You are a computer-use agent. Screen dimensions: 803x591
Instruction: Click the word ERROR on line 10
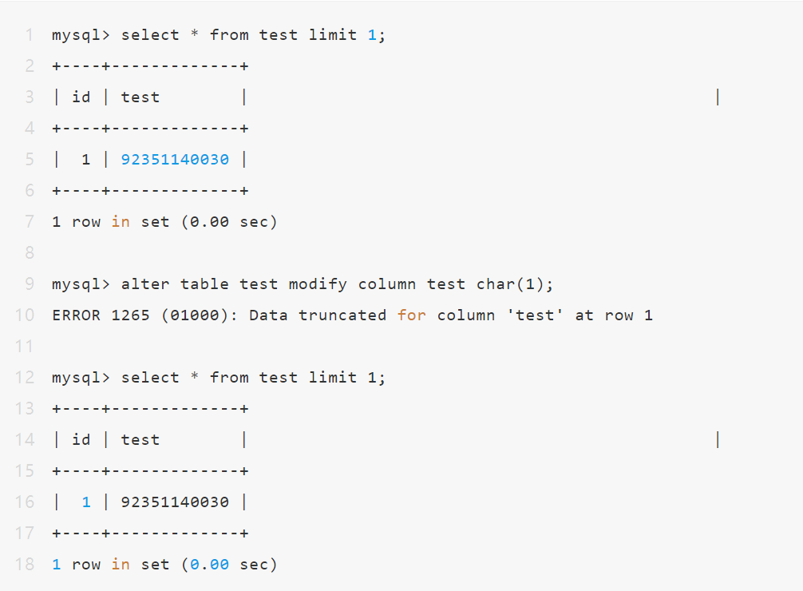[77, 315]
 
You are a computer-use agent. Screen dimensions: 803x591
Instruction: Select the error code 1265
[131, 315]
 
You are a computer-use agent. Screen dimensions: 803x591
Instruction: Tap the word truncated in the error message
[342, 315]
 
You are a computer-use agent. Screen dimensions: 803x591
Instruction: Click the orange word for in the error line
[411, 315]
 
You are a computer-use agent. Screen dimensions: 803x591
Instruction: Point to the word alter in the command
[145, 284]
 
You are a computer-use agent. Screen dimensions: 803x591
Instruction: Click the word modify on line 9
[318, 285]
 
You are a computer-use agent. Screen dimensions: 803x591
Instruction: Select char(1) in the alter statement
[510, 284]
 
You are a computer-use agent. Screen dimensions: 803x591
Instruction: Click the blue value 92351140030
[175, 160]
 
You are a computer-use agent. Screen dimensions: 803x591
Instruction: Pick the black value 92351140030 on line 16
[175, 502]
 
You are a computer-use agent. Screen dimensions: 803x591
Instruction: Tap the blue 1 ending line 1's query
[372, 35]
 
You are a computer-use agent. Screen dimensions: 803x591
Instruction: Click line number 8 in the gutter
[30, 252]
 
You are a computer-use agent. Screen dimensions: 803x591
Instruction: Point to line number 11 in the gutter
[24, 347]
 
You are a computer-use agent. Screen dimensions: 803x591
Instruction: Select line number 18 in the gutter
[24, 565]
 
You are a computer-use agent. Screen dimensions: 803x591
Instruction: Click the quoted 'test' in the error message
[535, 315]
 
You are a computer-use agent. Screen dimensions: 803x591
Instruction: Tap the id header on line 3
[81, 97]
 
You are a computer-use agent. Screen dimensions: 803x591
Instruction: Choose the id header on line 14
[81, 439]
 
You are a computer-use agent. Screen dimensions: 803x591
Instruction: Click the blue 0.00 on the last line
[209, 565]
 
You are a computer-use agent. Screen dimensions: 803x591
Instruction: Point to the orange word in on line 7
[121, 221]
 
